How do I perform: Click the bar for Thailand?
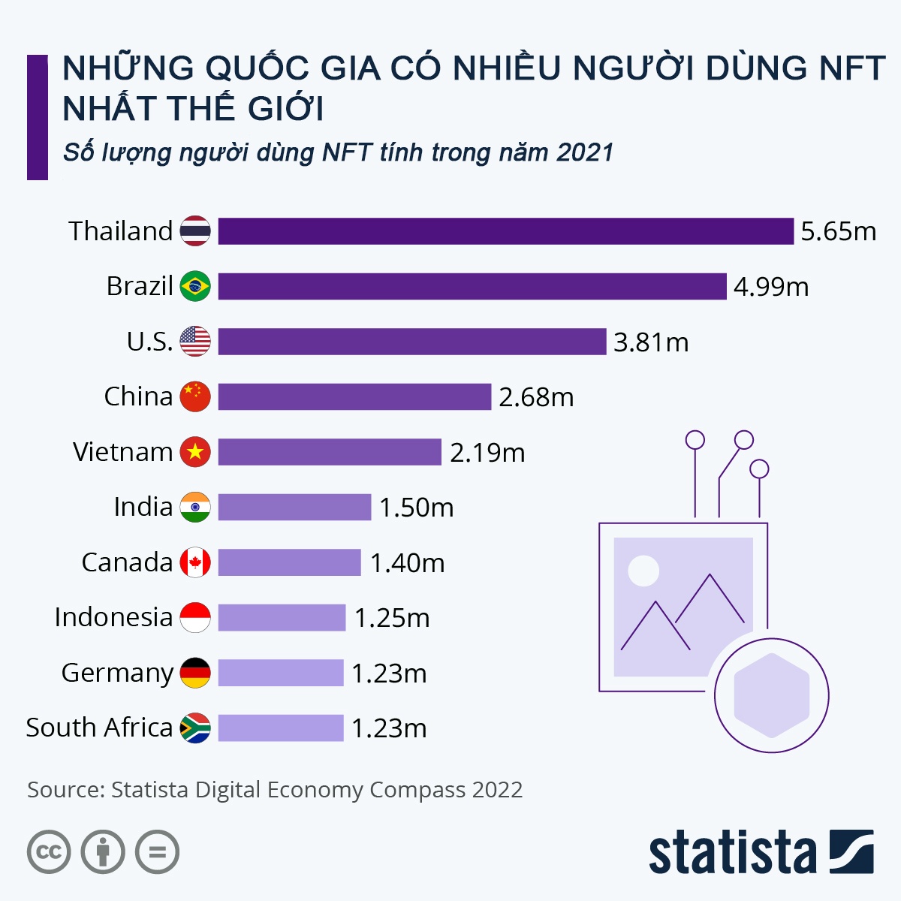[x=505, y=231]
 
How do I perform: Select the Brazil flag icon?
[x=195, y=286]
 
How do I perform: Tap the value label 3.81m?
[x=651, y=342]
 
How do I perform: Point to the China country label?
[x=138, y=396]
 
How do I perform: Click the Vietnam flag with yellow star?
[x=195, y=452]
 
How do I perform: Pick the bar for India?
[x=294, y=507]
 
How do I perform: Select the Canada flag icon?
[x=195, y=562]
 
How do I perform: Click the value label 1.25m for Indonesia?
[x=392, y=618]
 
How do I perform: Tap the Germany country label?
[x=117, y=673]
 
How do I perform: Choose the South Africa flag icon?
[x=195, y=728]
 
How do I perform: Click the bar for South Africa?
[x=281, y=728]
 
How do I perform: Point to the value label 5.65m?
[x=838, y=231]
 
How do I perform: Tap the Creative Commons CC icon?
[x=49, y=852]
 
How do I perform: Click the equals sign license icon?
[x=158, y=852]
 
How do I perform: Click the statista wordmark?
[x=732, y=852]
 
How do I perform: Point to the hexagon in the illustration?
[x=771, y=695]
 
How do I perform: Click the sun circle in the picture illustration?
[x=643, y=571]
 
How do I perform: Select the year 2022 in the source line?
[x=497, y=790]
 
